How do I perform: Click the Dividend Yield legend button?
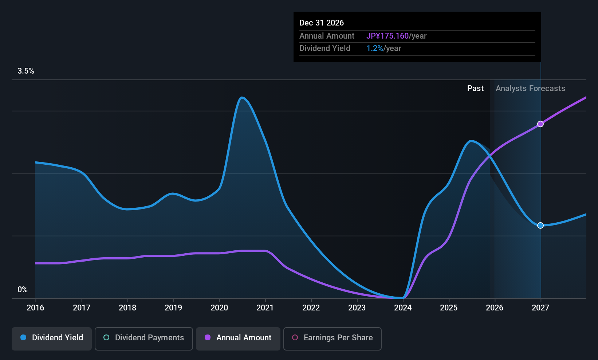[x=52, y=338]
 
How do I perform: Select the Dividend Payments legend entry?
[x=143, y=338]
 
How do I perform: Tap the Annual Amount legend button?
[x=238, y=338]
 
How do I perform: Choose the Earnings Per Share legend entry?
[x=332, y=338]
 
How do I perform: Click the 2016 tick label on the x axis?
[x=35, y=308]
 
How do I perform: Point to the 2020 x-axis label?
[x=219, y=308]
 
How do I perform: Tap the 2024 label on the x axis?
[x=403, y=308]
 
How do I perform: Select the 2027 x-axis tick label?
[x=540, y=308]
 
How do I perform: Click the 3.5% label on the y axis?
[x=26, y=71]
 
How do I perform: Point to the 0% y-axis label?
[x=23, y=290]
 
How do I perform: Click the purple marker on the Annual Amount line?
[x=540, y=124]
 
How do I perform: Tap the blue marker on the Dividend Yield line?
[x=540, y=226]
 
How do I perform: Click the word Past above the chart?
[x=475, y=89]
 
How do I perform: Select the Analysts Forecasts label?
[x=530, y=89]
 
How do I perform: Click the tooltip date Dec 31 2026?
[x=322, y=23]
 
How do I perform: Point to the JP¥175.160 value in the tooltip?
[x=387, y=36]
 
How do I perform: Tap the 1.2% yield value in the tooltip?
[x=375, y=48]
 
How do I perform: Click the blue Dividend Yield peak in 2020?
[x=241, y=98]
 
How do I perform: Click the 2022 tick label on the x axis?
[x=311, y=308]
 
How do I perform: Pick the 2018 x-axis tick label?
[x=127, y=308]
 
